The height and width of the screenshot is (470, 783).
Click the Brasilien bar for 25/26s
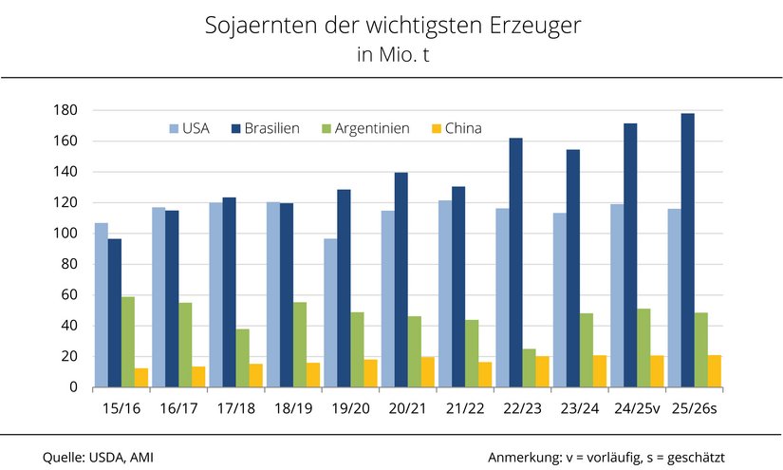pos(687,251)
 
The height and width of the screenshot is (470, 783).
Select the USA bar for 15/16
pos(101,305)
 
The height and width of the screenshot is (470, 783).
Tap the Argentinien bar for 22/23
pos(529,368)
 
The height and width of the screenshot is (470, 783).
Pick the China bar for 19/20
pos(371,373)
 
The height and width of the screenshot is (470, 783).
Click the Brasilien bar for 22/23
pos(515,263)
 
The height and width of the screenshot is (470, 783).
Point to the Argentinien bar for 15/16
pos(128,342)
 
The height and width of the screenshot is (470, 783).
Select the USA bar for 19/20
pos(330,312)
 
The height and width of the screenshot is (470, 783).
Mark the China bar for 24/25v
pos(657,371)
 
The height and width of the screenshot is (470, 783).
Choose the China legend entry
pos(463,128)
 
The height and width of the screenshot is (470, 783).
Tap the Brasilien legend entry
pos(271,128)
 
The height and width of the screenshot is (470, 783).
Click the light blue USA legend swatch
pos(174,128)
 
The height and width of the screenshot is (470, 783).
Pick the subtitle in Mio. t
pos(392,55)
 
